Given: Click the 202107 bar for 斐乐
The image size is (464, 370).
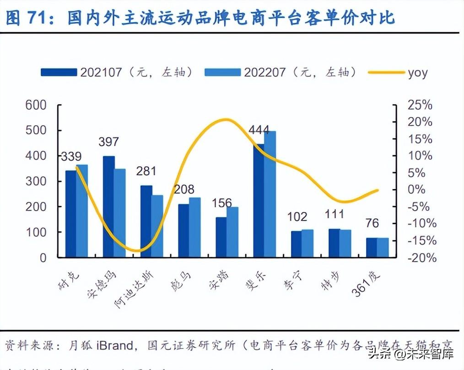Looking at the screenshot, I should pyautogui.click(x=259, y=201).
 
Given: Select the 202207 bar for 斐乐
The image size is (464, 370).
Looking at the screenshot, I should pyautogui.click(x=270, y=194).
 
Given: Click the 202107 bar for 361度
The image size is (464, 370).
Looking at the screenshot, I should pyautogui.click(x=372, y=248).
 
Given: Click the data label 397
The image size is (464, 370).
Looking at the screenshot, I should pyautogui.click(x=108, y=142).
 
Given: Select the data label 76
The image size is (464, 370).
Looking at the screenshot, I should pyautogui.click(x=373, y=223).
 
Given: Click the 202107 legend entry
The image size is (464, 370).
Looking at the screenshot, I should pyautogui.click(x=117, y=72).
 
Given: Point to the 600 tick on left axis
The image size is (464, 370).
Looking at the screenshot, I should pyautogui.click(x=37, y=105).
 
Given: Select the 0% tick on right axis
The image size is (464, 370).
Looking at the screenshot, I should pyautogui.click(x=420, y=190).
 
